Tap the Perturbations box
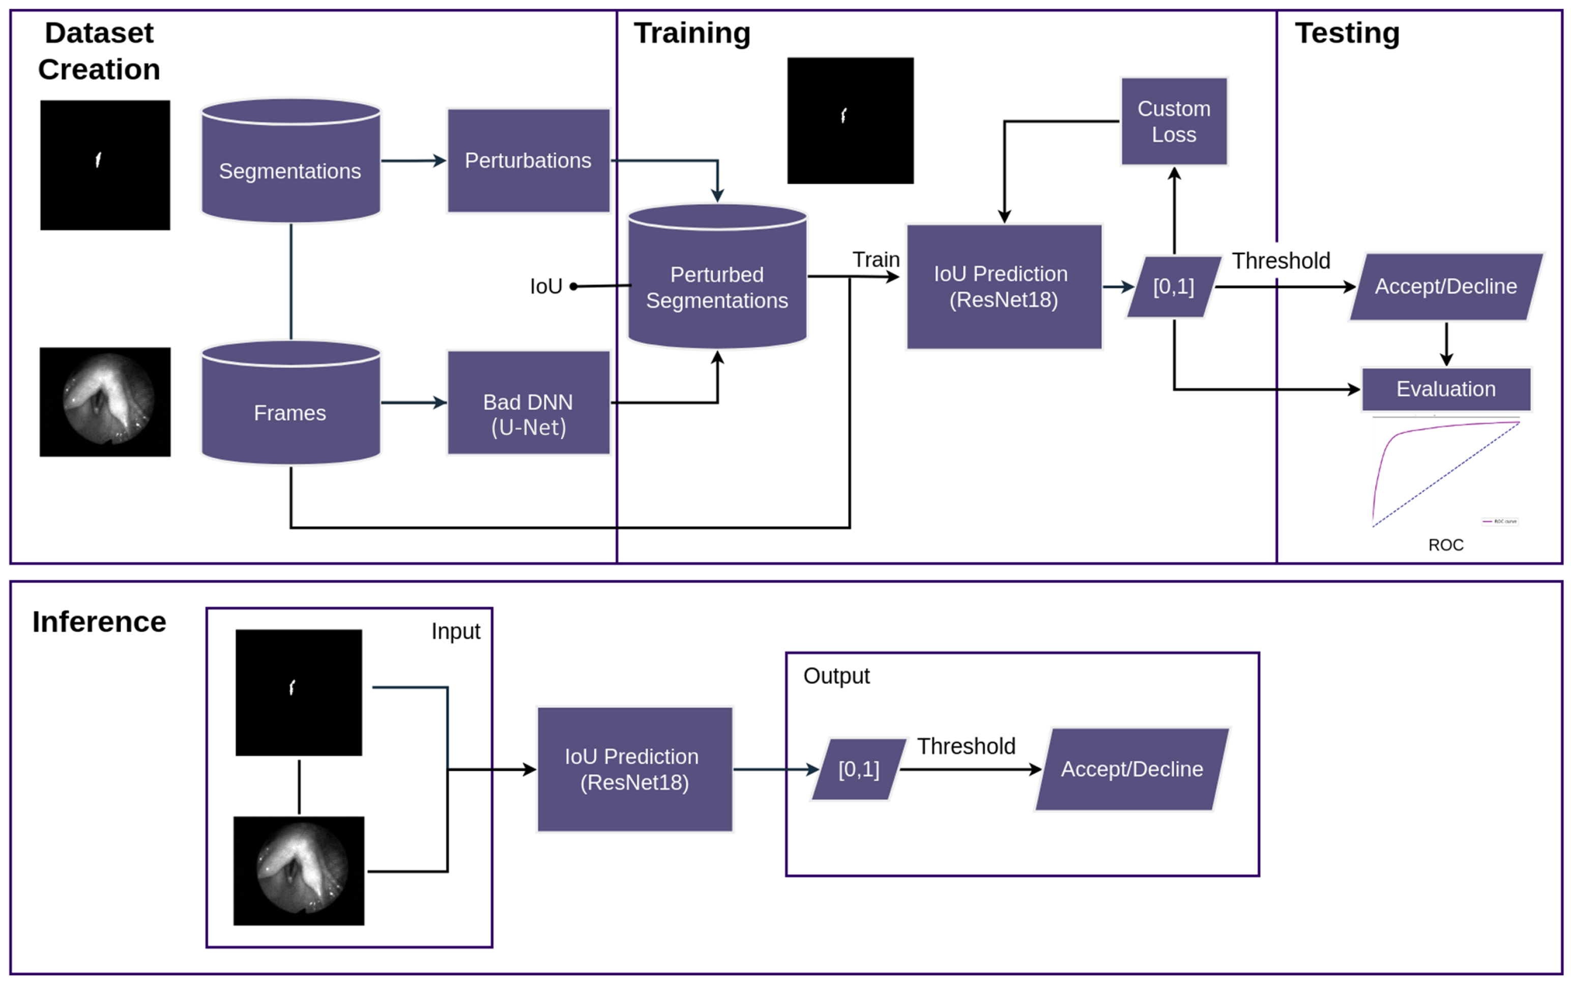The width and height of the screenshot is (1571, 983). tap(528, 160)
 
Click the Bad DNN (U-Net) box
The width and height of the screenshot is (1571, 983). tap(528, 403)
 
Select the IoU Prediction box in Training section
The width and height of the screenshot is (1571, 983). tap(1004, 287)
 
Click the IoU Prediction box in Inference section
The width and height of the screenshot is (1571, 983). tap(635, 769)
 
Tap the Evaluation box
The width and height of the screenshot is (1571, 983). tap(1446, 389)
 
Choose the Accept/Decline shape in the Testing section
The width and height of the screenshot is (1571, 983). tap(1446, 287)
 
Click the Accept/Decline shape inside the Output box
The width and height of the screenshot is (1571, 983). tap(1132, 769)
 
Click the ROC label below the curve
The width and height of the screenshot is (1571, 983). tap(1446, 545)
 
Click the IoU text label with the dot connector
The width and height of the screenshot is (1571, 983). tap(546, 286)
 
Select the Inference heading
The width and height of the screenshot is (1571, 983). tap(99, 622)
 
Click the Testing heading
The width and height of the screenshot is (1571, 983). tap(1347, 33)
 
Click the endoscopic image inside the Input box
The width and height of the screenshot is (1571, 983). tap(299, 870)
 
